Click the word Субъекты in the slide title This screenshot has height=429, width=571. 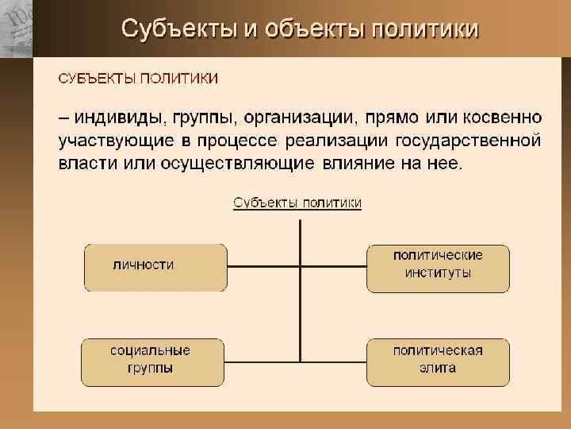(x=178, y=29)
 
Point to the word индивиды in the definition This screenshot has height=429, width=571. (x=118, y=118)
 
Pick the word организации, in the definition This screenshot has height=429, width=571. (x=299, y=118)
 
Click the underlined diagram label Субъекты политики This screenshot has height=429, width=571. (x=297, y=203)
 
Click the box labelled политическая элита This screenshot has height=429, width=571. (x=438, y=361)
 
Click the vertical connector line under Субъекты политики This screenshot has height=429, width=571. (x=300, y=302)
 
